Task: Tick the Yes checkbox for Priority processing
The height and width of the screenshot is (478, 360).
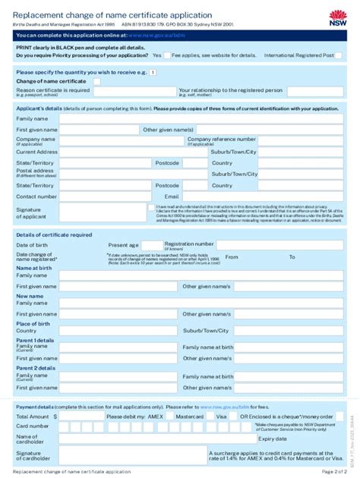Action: pyautogui.click(x=167, y=55)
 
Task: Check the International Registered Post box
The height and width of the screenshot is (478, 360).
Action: pyautogui.click(x=339, y=55)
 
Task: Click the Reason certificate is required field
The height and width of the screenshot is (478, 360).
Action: pyautogui.click(x=133, y=91)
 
